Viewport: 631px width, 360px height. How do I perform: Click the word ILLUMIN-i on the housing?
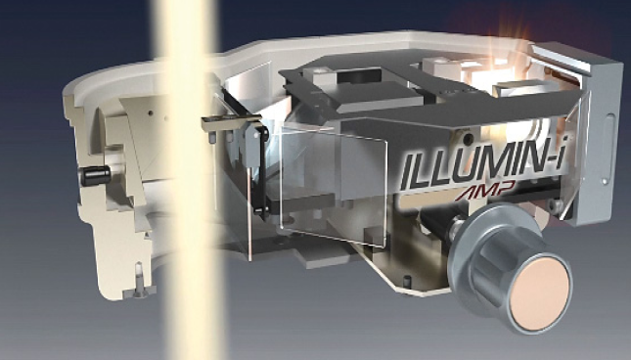coord(483,166)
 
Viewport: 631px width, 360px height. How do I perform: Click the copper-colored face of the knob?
coord(539,294)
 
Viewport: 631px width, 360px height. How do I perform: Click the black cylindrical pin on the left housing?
coord(96,176)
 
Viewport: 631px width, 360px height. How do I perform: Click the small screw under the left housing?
coord(139,281)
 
